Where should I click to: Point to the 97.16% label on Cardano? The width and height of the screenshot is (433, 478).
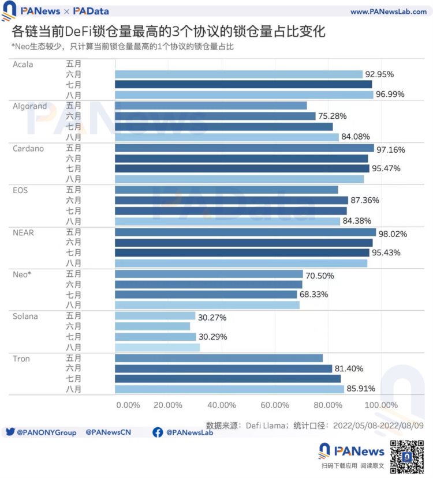391,150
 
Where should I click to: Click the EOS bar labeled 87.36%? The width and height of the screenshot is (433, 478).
232,200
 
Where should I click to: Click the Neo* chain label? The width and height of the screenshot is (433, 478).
22,274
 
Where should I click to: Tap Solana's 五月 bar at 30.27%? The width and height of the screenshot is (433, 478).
155,316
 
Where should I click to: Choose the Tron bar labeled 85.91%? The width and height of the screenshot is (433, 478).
230,389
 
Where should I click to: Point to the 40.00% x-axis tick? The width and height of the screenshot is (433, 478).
221,405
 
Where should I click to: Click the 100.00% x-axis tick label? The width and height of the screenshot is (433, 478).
382,405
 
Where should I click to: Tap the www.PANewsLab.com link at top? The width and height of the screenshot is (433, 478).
388,12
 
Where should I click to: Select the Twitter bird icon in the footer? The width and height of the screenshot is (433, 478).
10,432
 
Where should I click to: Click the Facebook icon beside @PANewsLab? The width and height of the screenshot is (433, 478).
158,432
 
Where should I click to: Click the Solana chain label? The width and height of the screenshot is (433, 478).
25,317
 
